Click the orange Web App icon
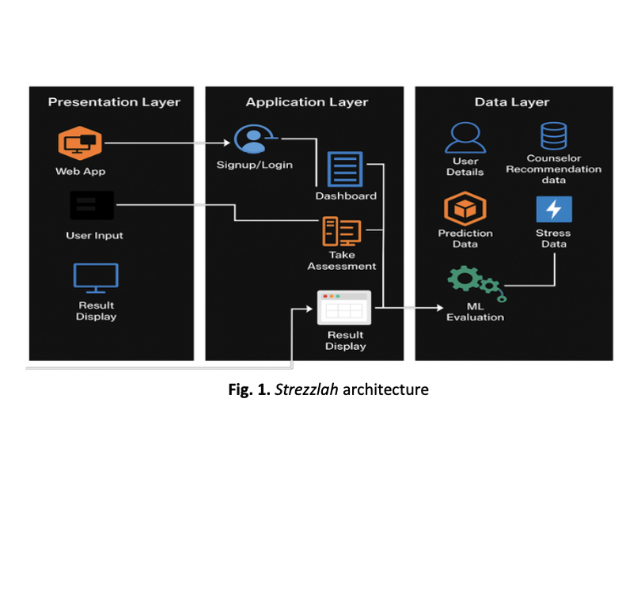pyautogui.click(x=81, y=143)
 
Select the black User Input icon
pyautogui.click(x=91, y=206)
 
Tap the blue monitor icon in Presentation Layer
pyautogui.click(x=96, y=276)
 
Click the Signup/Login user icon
pyautogui.click(x=253, y=139)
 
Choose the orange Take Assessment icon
pyautogui.click(x=341, y=231)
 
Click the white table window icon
pyautogui.click(x=344, y=308)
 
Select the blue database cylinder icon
pyautogui.click(x=553, y=135)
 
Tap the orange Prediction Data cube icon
pyautogui.click(x=465, y=210)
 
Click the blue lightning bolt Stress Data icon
pyautogui.click(x=553, y=210)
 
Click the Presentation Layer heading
pyautogui.click(x=114, y=102)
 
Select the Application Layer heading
pyautogui.click(x=306, y=102)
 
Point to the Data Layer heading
pyautogui.click(x=512, y=102)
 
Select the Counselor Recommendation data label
pyautogui.click(x=553, y=169)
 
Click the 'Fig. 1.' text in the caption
pyautogui.click(x=249, y=389)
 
